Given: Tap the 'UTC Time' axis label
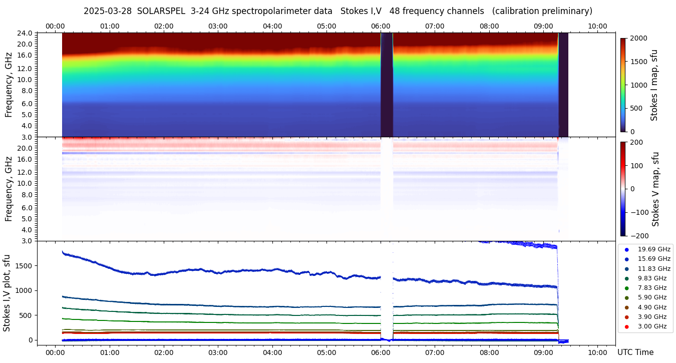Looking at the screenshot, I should tap(635, 352).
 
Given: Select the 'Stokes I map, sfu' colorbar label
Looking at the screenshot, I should tap(654, 85).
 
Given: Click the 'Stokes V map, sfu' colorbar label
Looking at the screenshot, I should tap(655, 189).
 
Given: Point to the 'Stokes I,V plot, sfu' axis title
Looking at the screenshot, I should tap(7, 293).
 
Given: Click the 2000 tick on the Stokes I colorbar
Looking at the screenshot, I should tap(638, 38).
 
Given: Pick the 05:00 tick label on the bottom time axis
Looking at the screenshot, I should tap(326, 352).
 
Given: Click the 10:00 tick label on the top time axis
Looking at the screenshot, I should tap(598, 26).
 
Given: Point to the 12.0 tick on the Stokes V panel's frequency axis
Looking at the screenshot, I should tap(26, 172).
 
